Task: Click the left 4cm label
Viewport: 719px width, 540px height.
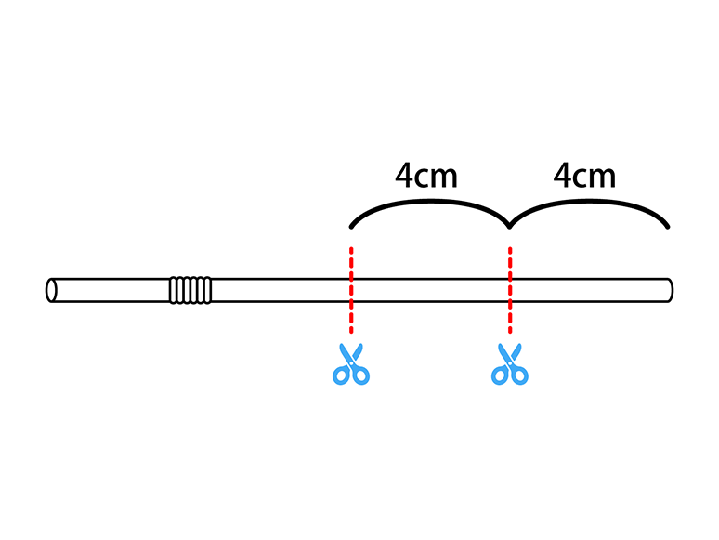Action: click(426, 176)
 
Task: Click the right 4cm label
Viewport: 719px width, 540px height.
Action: click(584, 176)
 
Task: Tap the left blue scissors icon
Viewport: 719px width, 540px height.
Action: click(351, 364)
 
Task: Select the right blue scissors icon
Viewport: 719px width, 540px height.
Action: click(509, 364)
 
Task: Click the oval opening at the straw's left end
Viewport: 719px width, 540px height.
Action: click(51, 290)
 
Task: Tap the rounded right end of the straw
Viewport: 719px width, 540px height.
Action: click(669, 290)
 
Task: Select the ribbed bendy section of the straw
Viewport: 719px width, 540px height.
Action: click(190, 290)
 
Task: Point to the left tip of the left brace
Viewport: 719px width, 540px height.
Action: click(351, 226)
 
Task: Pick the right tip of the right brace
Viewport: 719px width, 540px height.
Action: click(668, 226)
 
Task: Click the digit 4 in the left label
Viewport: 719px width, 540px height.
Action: click(404, 176)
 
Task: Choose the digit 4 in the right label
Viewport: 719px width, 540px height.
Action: click(562, 176)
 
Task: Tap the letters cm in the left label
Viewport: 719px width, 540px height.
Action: click(438, 177)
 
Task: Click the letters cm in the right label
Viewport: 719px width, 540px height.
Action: click(595, 177)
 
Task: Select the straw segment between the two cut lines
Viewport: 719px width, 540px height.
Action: click(430, 290)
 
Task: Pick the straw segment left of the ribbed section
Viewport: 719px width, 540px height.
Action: click(111, 290)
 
